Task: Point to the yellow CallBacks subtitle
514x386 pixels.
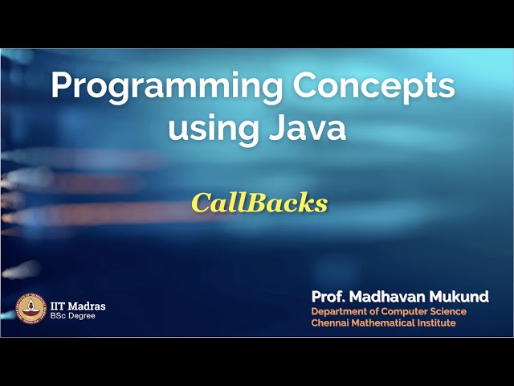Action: click(x=259, y=203)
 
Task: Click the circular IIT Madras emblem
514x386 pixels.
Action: click(x=31, y=309)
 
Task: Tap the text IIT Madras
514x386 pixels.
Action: click(x=78, y=306)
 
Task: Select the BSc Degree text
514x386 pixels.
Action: click(x=73, y=316)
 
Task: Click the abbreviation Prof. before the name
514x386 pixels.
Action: click(x=328, y=297)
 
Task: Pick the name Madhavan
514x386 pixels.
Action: click(x=388, y=297)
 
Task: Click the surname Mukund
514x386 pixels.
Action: click(x=460, y=297)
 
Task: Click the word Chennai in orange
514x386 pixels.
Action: click(x=330, y=322)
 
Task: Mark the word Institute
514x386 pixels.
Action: click(x=436, y=322)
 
